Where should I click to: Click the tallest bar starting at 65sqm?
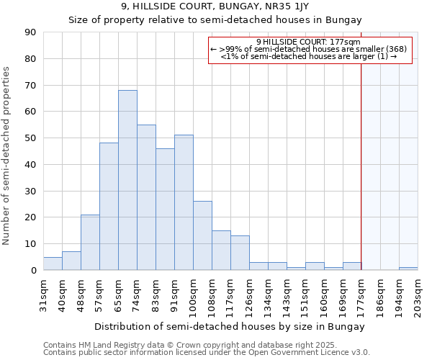coord(127,180)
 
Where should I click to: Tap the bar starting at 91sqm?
coord(184,202)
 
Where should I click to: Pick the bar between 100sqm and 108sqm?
coord(202,235)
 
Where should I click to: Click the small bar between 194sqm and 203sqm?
coord(408,269)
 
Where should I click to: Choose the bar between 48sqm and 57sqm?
coord(90,242)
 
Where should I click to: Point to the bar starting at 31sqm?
coord(53,264)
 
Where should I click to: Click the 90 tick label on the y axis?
coord(30,32)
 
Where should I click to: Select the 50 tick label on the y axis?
coord(30,138)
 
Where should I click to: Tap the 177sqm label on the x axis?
coord(361,294)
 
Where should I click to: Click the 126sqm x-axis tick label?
coord(249,294)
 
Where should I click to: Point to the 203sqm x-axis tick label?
coord(418,294)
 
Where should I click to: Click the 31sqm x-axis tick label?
coord(43,294)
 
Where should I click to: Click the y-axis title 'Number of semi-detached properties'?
coord(7,156)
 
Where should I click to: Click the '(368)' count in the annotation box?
coord(395,49)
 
